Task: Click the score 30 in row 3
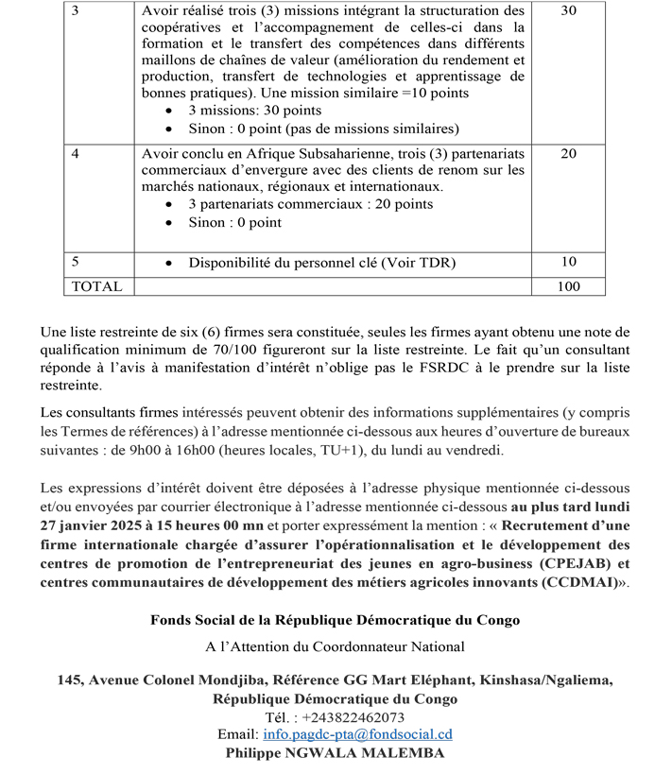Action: click(568, 11)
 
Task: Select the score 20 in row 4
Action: click(568, 153)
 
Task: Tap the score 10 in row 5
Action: click(568, 262)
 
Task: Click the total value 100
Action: click(568, 286)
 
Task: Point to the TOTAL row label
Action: click(96, 286)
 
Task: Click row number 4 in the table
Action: click(76, 153)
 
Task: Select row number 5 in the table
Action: click(76, 262)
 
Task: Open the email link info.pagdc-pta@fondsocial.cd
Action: click(358, 734)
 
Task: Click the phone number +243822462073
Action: click(353, 717)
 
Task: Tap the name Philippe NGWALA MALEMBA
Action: click(335, 753)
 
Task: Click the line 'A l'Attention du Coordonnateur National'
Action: click(335, 647)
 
